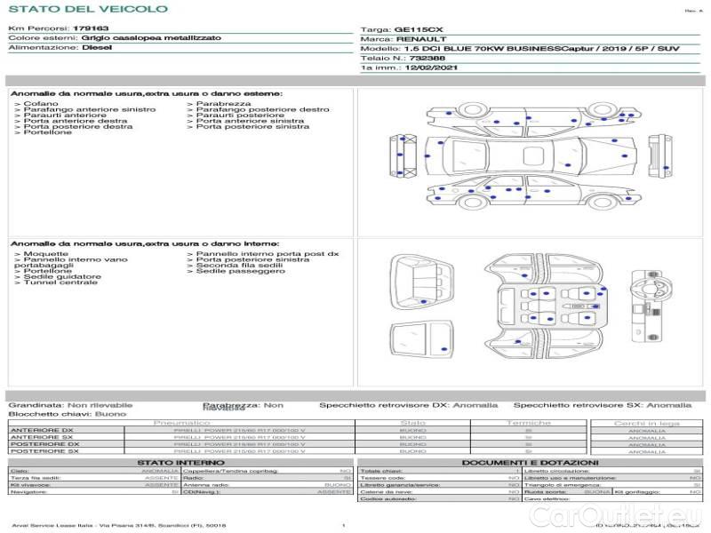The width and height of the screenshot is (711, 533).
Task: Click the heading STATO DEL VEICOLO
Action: point(87,9)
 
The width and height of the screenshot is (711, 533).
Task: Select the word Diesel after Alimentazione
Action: point(97,48)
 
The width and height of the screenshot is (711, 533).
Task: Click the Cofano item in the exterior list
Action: point(41,104)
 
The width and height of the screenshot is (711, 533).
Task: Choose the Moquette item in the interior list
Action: point(45,254)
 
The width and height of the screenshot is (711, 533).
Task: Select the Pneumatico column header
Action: point(181,423)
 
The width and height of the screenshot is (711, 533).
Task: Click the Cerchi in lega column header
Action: point(646,423)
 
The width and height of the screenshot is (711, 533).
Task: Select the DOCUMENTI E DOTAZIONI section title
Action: point(529,463)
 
